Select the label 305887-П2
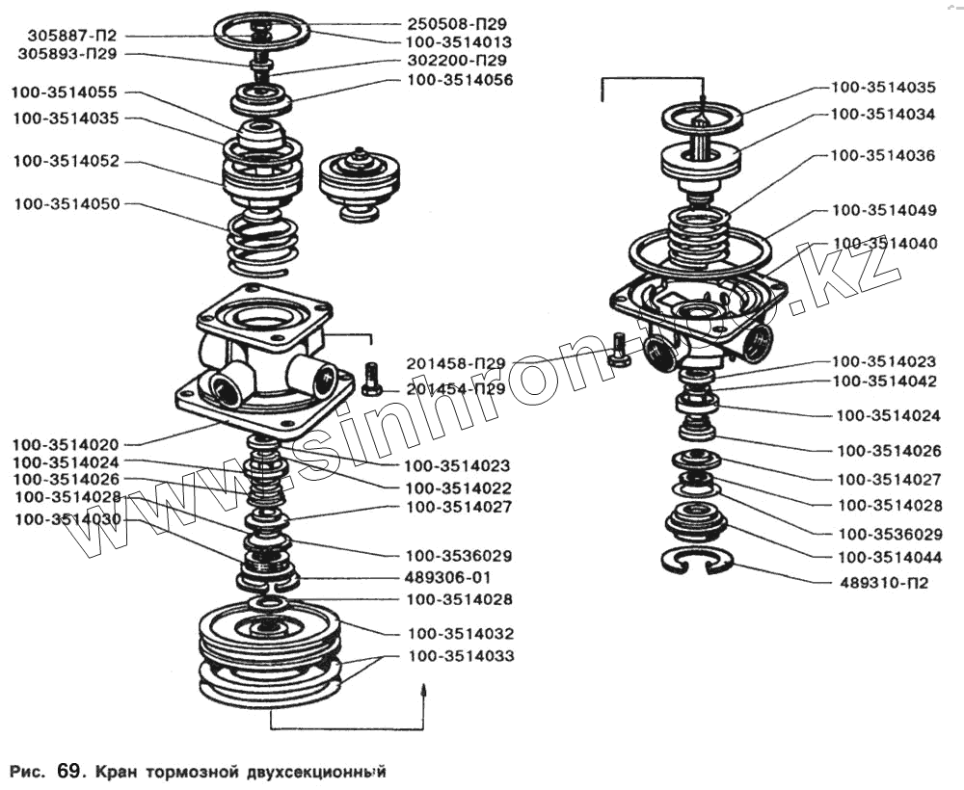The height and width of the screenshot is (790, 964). coord(65,36)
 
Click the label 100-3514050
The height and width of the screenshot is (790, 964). coord(67,205)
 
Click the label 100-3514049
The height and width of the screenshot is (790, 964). coord(884,209)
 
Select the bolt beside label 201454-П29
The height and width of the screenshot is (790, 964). coord(372,379)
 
